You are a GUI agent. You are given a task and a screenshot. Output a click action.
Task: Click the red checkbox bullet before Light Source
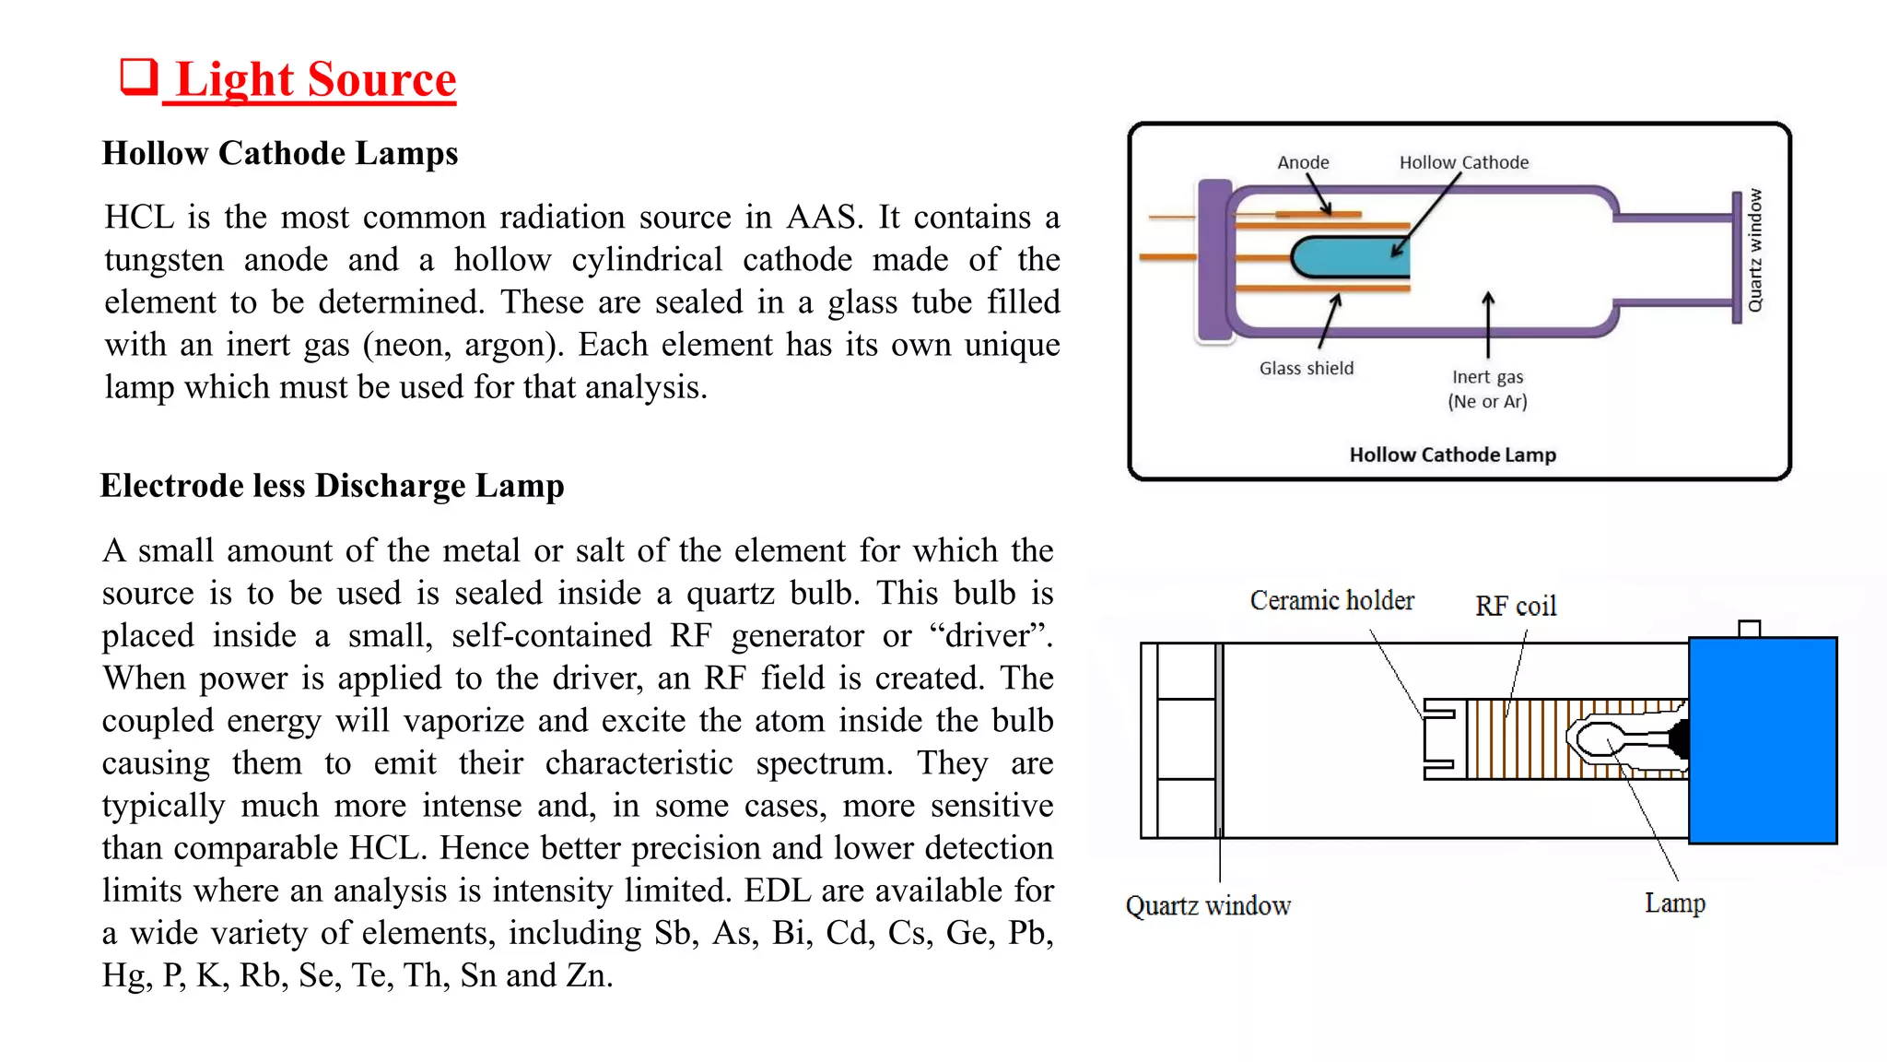pos(139,77)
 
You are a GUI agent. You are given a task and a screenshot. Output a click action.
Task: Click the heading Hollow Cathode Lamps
pos(279,153)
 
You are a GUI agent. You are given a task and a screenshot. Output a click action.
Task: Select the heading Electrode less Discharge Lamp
pos(332,486)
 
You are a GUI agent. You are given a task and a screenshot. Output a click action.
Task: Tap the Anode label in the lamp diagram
pos(1303,162)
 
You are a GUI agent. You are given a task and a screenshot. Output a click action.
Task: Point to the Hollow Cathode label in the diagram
pos(1463,162)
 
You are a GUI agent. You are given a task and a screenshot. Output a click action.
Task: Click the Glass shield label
pos(1307,369)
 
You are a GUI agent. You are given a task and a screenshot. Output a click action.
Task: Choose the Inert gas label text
pos(1487,377)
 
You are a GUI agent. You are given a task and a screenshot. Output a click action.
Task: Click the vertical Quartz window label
pos(1755,251)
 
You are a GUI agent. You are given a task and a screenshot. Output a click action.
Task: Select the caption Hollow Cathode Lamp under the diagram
pos(1452,454)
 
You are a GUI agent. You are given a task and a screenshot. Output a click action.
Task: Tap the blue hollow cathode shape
pos(1349,257)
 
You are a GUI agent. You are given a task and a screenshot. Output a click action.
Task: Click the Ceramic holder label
pos(1331,601)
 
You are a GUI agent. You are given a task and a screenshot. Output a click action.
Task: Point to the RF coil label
pos(1516,606)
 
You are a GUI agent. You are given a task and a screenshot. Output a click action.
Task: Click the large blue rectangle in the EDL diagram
pos(1763,740)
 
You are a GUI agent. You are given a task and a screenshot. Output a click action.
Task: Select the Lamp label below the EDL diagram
pos(1674,903)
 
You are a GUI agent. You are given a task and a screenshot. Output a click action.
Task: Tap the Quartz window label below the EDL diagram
pos(1208,906)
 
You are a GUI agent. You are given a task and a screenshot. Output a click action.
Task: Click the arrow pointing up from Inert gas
pos(1488,324)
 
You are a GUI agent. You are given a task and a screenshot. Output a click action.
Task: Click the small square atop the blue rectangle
pos(1749,629)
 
